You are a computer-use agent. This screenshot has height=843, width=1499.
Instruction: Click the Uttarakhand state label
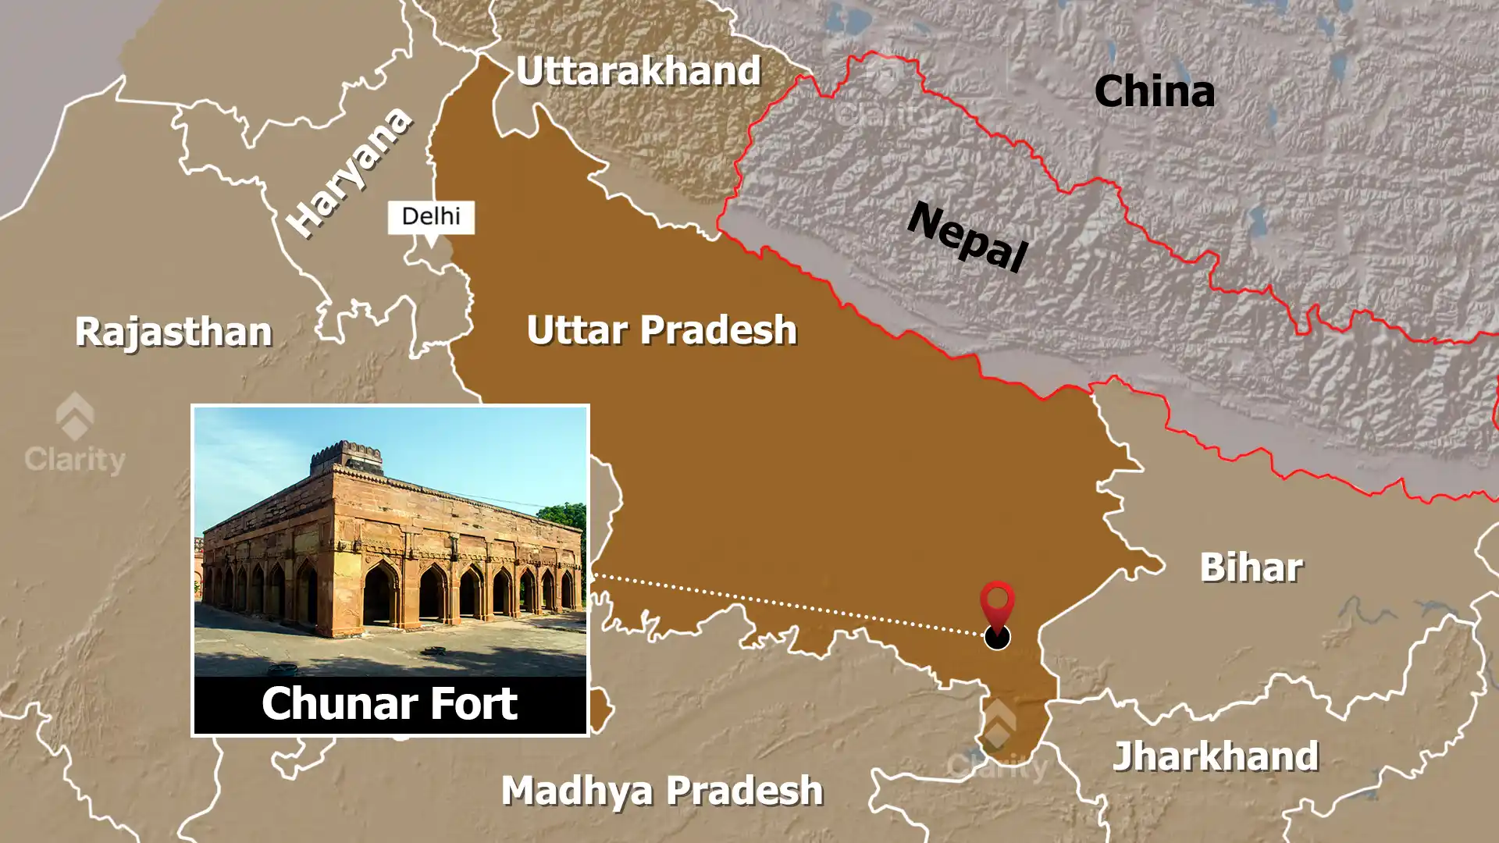[x=638, y=72]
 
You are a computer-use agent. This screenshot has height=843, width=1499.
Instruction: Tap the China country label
[x=1154, y=91]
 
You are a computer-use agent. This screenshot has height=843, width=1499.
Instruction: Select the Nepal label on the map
[x=967, y=236]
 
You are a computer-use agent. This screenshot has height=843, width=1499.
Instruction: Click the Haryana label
[x=348, y=172]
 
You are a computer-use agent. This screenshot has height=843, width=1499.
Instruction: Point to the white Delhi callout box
[x=431, y=217]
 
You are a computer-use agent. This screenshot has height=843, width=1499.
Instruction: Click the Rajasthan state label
[x=173, y=332]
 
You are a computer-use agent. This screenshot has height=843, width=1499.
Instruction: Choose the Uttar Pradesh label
[x=661, y=329]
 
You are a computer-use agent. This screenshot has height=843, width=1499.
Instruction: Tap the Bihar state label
[x=1251, y=567]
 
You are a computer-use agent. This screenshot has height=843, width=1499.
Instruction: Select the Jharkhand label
[x=1216, y=756]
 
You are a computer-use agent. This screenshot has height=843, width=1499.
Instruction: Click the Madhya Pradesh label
[x=662, y=791]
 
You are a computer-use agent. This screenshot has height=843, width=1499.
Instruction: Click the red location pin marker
[x=997, y=603]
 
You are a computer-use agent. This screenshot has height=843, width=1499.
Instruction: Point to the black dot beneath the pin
[x=997, y=637]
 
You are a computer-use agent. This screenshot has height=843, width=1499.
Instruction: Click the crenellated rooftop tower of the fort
[x=347, y=458]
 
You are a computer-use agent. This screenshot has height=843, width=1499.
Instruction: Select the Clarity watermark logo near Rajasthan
[x=75, y=433]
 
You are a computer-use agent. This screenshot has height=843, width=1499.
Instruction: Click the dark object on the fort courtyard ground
[x=283, y=670]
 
